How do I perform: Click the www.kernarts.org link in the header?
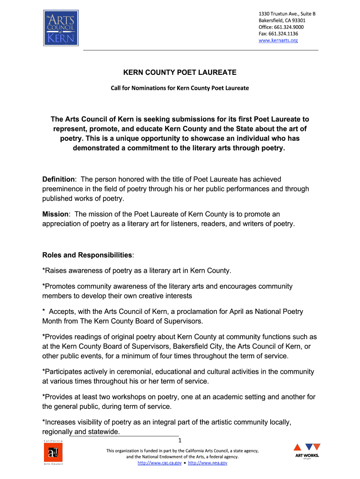click(x=278, y=41)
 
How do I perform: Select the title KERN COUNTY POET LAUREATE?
click(x=180, y=73)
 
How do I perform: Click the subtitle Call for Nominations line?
click(x=180, y=88)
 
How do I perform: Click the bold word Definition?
click(x=58, y=180)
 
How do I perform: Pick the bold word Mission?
click(x=55, y=214)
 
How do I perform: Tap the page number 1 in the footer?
click(x=180, y=441)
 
